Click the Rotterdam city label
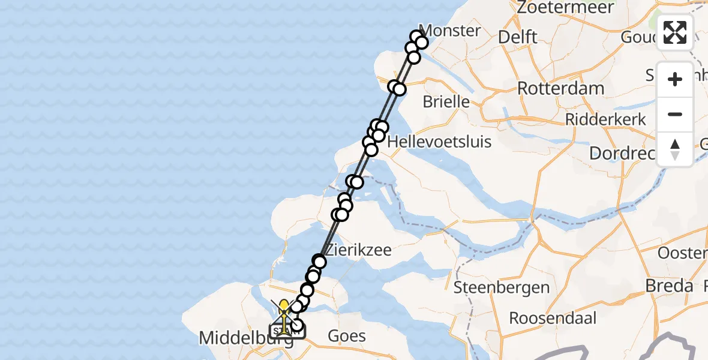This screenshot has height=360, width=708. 560,89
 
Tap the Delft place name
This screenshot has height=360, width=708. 518,37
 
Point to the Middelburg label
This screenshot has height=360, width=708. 246,338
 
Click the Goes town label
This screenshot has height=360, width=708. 347,336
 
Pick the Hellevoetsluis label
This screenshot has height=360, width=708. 440,142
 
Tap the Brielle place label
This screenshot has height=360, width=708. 446,101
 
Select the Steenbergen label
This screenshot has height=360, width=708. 502,287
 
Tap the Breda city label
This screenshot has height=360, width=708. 669,286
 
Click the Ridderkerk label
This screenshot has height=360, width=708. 605,119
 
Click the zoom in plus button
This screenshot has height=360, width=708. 675,79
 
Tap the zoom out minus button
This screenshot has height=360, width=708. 675,114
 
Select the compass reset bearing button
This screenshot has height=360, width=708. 675,149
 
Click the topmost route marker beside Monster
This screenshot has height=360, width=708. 417,37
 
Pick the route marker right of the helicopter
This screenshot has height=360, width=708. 297,326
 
